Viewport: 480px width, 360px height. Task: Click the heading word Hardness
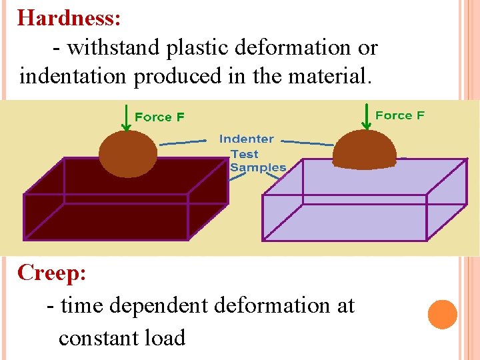coord(69,17)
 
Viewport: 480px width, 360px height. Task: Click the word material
coord(328,77)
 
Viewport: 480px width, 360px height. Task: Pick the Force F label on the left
coord(159,117)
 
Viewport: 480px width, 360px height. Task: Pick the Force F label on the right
coord(399,115)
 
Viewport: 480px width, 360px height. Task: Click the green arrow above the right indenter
coord(366,116)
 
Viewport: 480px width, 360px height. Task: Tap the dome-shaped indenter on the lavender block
coord(365,150)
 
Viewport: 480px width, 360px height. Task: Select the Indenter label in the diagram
coord(246,139)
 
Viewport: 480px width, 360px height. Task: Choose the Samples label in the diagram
coord(257,167)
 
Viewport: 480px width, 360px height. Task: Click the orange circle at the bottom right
coord(443,314)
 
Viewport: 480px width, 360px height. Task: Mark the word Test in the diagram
coord(244,154)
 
